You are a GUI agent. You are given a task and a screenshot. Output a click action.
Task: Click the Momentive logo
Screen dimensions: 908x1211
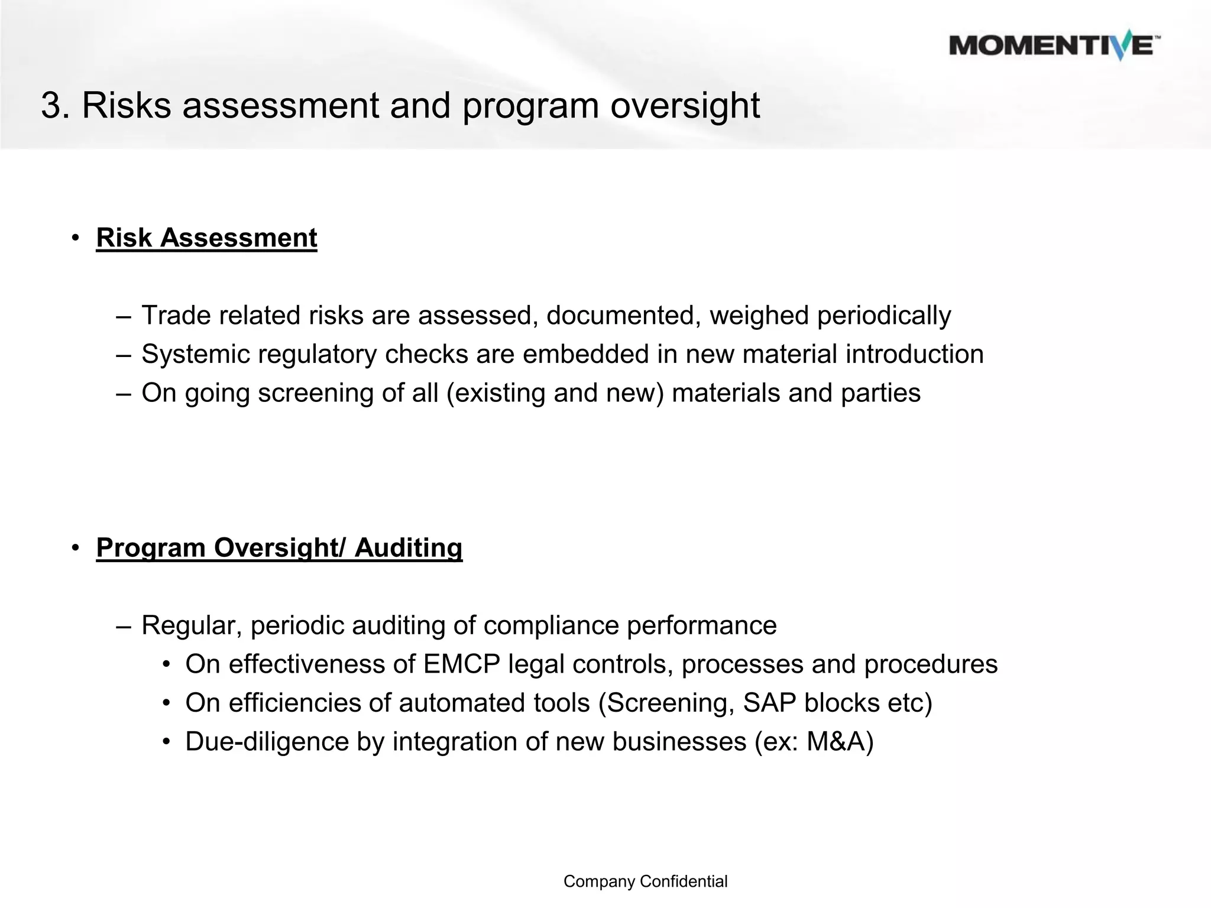pos(1054,46)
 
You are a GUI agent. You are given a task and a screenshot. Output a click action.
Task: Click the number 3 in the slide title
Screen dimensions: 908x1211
pos(52,106)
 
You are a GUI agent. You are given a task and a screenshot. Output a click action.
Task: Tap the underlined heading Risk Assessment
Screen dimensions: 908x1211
pos(206,238)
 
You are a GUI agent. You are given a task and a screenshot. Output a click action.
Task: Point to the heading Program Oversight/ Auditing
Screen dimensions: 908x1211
pos(279,548)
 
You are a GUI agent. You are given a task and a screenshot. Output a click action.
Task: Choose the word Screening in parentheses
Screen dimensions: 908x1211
pos(666,703)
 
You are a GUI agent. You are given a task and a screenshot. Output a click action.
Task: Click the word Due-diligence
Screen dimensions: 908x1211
pos(267,742)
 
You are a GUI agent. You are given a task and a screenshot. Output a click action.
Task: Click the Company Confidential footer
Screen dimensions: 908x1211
pos(645,881)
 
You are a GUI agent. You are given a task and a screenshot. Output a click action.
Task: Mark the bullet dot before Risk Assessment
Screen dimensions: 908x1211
pos(75,238)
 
